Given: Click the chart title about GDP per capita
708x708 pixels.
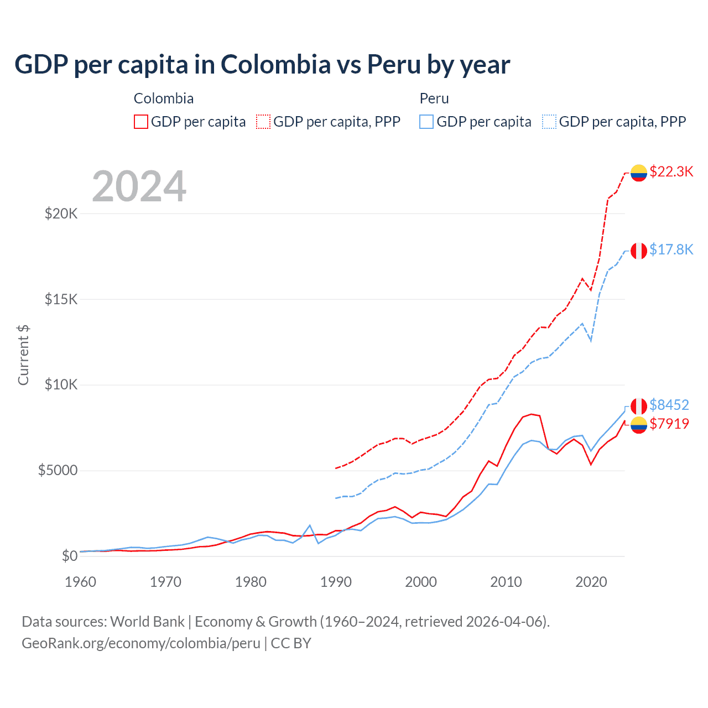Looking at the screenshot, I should (x=262, y=65).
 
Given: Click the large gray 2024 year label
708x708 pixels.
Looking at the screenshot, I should (x=139, y=187).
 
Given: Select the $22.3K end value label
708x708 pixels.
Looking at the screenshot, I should (x=671, y=171).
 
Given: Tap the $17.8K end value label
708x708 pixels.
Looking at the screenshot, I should (x=671, y=249).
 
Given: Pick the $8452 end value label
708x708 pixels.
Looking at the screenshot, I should (x=669, y=405).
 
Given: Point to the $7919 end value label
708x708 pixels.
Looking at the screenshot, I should (x=669, y=424).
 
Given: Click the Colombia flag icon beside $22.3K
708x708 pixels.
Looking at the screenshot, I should (x=639, y=173).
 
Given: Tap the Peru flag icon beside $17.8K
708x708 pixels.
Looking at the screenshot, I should (x=639, y=251).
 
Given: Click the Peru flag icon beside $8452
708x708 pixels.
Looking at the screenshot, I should (x=639, y=406).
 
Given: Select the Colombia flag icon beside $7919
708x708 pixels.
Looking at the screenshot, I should (x=639, y=425).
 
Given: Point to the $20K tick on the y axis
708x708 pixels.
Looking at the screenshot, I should (x=61, y=214).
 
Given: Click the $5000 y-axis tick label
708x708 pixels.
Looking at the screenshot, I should (x=58, y=471).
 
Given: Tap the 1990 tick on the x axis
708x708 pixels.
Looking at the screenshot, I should (x=336, y=582).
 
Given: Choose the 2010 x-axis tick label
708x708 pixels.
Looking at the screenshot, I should (x=506, y=582).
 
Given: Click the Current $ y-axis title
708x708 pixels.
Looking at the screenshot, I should (x=23, y=355).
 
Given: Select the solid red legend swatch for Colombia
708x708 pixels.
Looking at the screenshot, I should (x=141, y=122).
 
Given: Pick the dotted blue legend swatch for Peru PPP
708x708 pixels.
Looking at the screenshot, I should (x=549, y=122).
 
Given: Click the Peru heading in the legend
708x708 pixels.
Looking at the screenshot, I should (x=434, y=98).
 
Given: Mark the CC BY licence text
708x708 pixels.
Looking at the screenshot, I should (x=291, y=643).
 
